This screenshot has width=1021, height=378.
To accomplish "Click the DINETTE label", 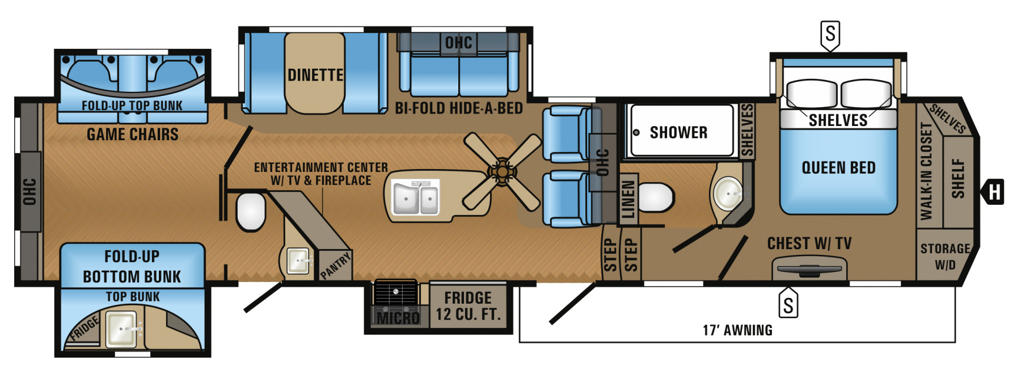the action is pos(315,75).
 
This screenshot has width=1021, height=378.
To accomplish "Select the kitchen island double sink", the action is pos(416,198).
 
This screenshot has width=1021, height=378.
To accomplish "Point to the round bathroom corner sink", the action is pos(728,194).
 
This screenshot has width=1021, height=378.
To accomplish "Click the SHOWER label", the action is pos(678,132).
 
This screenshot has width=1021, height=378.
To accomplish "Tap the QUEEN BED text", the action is pos(838,167).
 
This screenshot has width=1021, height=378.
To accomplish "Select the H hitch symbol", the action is pos(994,192).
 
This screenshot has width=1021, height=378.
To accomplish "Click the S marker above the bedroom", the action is pos(830,34).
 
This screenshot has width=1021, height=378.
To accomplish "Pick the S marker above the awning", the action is pos(788,304).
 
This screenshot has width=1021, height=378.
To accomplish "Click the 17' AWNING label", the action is pos(737,330).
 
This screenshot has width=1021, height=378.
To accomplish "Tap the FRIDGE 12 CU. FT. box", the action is pos(468,306).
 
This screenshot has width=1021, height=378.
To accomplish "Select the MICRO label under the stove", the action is pos(398,318).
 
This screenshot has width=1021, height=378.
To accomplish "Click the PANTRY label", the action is pos(335,266).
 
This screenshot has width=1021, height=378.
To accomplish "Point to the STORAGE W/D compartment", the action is pos(944,257).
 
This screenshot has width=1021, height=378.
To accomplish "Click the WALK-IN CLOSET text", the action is pos(926,170).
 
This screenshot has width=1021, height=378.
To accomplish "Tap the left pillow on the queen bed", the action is pos(811,94).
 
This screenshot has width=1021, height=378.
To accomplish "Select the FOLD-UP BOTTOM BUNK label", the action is pos(132,266).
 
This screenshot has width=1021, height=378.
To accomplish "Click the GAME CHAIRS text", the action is pos(132,135).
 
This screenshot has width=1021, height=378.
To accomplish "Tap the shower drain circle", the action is pos(636,132).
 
